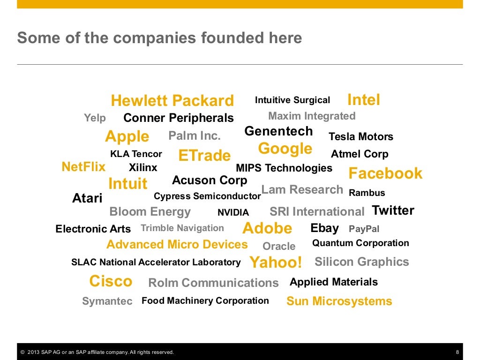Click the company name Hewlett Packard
tap(172, 101)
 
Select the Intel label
tap(363, 100)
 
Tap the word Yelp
tap(95, 118)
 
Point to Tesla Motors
tap(361, 137)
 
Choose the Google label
tap(285, 149)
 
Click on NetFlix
tap(83, 167)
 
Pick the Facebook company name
tap(385, 173)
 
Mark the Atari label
tap(87, 198)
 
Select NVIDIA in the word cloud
tap(233, 212)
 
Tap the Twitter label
tap(393, 210)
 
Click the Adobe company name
tap(267, 229)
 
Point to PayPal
tap(364, 229)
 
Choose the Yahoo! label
tap(276, 262)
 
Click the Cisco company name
tap(111, 282)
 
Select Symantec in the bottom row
tap(107, 301)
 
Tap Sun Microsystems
tap(339, 301)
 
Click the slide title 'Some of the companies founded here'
tap(159, 38)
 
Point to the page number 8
tap(457, 352)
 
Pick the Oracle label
tap(279, 246)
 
